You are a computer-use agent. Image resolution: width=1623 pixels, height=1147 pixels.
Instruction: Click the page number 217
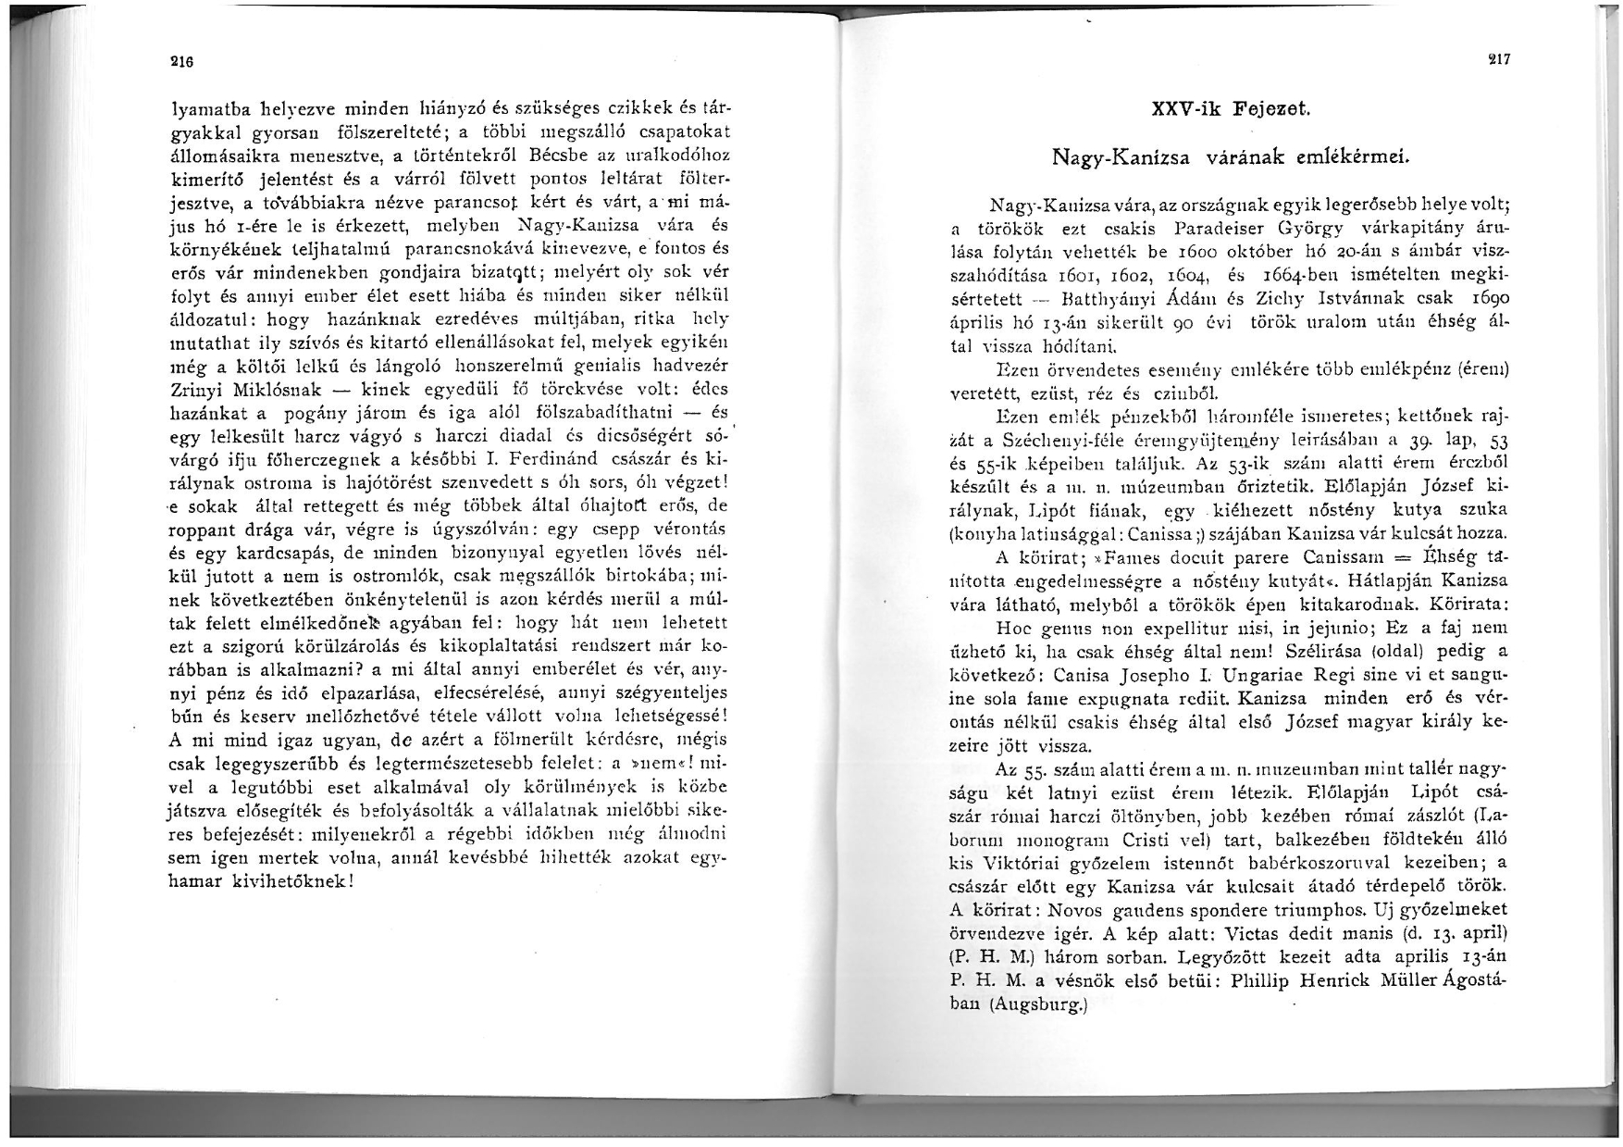coord(1498,59)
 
